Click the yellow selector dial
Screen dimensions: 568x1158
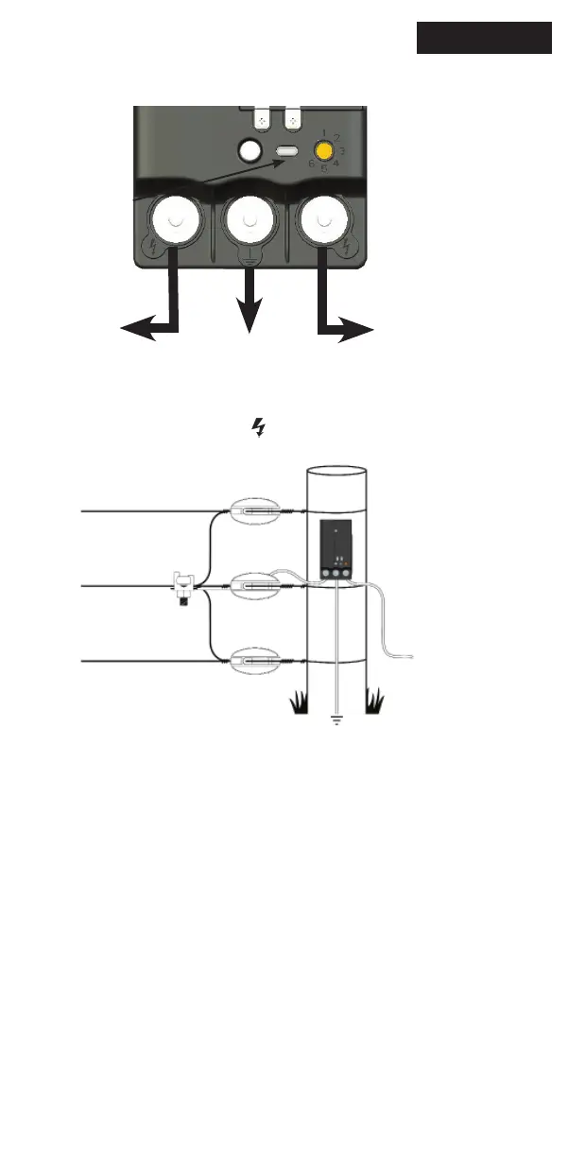point(324,150)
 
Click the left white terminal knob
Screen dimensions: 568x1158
point(174,219)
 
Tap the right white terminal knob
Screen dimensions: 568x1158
point(324,220)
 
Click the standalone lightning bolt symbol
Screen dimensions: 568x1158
point(257,429)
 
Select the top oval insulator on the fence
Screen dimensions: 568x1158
point(252,510)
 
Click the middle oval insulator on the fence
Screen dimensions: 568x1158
point(252,586)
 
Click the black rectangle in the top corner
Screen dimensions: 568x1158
point(484,39)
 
